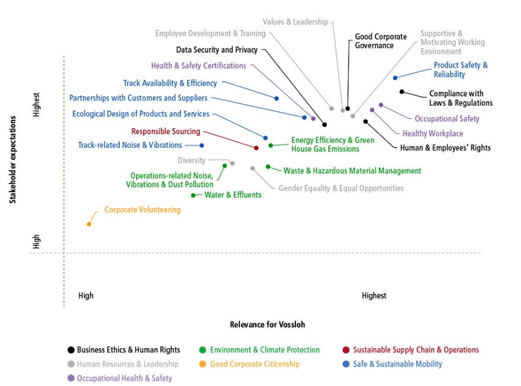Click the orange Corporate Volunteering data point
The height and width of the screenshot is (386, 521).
point(89,224)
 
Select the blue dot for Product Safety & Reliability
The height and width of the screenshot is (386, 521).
point(395,78)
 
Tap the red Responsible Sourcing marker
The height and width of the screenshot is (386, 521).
point(256,148)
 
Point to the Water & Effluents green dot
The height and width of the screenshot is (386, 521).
point(193,195)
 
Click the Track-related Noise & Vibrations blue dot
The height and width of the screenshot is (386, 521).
point(201,145)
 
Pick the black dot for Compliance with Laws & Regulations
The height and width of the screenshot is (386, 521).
point(402,92)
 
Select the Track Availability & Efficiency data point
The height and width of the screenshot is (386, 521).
point(276,99)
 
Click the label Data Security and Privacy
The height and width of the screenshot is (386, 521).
point(217,50)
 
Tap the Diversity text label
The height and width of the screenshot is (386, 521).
point(191,161)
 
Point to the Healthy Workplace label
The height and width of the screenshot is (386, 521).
point(433,134)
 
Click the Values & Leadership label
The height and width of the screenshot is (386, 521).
point(295,22)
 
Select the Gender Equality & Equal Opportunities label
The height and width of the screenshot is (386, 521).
point(341,189)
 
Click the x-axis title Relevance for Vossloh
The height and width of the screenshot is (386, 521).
point(268,325)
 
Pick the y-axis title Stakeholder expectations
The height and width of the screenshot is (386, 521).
point(12,160)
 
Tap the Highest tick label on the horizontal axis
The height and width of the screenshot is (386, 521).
point(374,296)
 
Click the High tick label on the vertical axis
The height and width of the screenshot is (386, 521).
point(36,241)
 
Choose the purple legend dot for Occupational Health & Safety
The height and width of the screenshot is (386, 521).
point(71,378)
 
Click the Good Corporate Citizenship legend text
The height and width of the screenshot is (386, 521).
point(255,364)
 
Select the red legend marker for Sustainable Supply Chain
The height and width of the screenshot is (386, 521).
point(346,350)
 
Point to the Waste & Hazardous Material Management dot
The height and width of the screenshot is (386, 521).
point(268,167)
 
